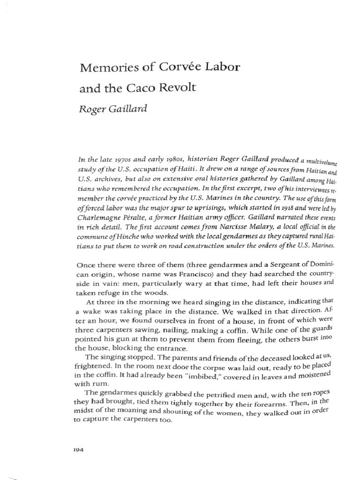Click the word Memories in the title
point(103,67)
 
